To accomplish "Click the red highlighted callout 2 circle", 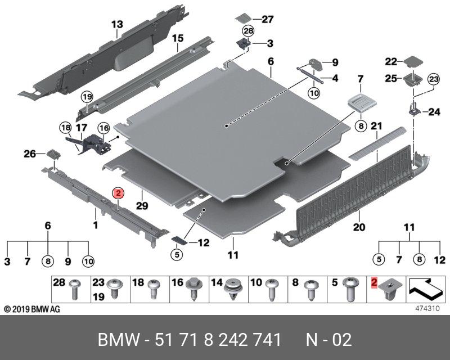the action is pyautogui.click(x=118, y=193).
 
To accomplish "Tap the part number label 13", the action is pyautogui.click(x=116, y=24).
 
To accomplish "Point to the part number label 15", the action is pyautogui.click(x=178, y=38).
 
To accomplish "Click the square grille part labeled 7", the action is pyautogui.click(x=359, y=102).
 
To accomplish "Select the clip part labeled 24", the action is pyautogui.click(x=413, y=109).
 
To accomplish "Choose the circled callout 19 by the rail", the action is pyautogui.click(x=87, y=97).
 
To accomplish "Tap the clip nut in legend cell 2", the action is pyautogui.click(x=388, y=291).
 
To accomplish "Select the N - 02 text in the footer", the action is pyautogui.click(x=328, y=340).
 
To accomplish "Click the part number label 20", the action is pyautogui.click(x=359, y=228).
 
